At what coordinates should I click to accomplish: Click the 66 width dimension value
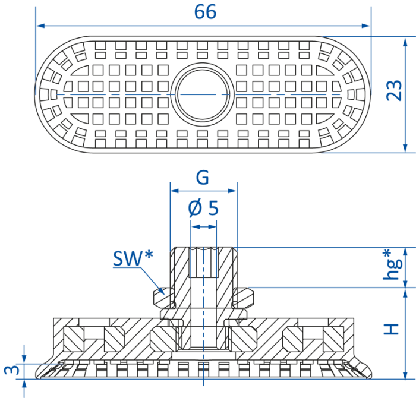point(205,12)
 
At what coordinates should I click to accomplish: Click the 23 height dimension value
point(394,90)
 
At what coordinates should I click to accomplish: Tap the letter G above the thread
point(203,178)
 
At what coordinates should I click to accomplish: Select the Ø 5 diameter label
point(203,208)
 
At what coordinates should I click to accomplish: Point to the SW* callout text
point(133,258)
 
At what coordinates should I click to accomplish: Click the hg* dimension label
point(392,264)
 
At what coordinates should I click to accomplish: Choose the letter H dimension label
point(392,329)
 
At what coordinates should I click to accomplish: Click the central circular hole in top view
point(203,95)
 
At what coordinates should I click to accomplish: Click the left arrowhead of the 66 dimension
point(40,26)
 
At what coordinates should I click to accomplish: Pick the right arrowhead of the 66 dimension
point(366,26)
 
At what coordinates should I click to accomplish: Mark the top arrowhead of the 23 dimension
point(405,42)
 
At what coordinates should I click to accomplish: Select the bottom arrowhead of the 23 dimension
point(405,148)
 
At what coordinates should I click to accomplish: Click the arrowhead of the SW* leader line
point(161,291)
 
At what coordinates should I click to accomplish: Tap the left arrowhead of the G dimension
point(174,191)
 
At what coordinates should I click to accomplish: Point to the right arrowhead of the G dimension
point(232,191)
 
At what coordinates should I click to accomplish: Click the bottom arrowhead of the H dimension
point(405,375)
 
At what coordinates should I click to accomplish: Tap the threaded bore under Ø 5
point(203,262)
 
